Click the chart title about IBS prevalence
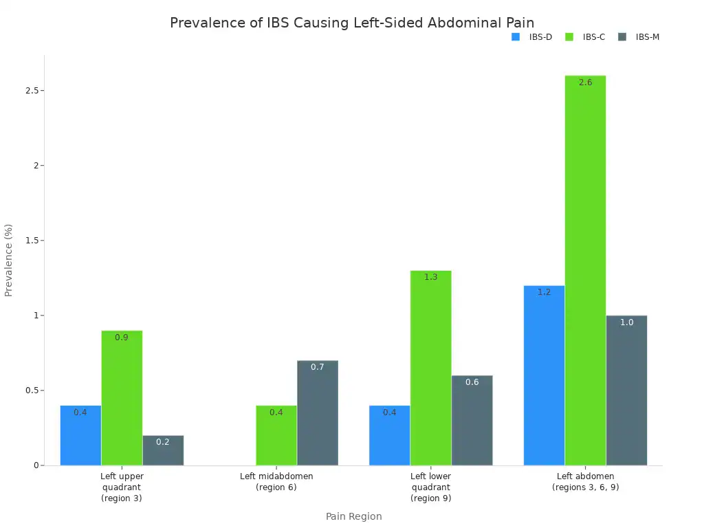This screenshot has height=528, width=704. [x=351, y=23]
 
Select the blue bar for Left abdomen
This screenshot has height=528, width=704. [x=544, y=375]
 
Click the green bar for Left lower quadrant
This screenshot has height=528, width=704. [x=430, y=368]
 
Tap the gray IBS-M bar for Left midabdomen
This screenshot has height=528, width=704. [x=318, y=412]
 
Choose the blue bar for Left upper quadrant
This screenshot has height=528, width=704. [x=80, y=435]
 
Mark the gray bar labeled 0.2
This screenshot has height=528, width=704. [x=163, y=450]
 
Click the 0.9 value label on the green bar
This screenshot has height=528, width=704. [x=122, y=338]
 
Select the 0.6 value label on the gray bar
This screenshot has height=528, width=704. [x=472, y=382]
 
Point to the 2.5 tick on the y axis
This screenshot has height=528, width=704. [x=30, y=91]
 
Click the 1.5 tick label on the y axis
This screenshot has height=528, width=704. [x=30, y=241]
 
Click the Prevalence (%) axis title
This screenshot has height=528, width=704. [x=9, y=260]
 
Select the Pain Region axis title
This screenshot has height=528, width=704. [x=353, y=516]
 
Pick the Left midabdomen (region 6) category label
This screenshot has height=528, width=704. [x=276, y=481]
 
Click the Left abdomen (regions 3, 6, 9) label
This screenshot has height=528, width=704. [x=585, y=481]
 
